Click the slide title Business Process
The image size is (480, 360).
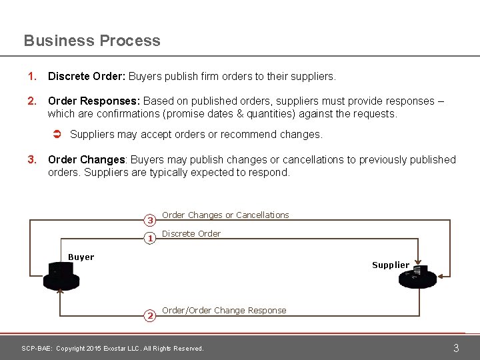[x=92, y=41]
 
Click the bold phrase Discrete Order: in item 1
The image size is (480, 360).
[x=87, y=77]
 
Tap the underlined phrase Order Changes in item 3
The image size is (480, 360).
[x=86, y=160]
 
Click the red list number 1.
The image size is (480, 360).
[x=31, y=77]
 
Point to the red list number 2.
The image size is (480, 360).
[x=31, y=101]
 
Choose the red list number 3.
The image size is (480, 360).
[x=31, y=160]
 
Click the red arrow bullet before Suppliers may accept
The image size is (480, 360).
[x=57, y=135]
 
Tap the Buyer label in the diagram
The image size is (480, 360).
[x=81, y=257]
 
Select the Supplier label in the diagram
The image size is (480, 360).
[x=391, y=265]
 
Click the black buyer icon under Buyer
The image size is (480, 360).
[x=61, y=277]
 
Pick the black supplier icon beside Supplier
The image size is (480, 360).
[x=417, y=277]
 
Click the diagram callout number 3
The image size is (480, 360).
[x=151, y=220]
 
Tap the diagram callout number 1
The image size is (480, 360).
[x=151, y=238]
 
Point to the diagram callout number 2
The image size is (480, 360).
[x=151, y=315]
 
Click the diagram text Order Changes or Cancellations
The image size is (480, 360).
[x=225, y=215]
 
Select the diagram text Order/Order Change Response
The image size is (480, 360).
[x=224, y=311]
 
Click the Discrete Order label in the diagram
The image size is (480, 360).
[x=191, y=234]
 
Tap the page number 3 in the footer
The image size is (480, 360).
[x=456, y=348]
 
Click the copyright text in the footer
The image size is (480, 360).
[x=113, y=349]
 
